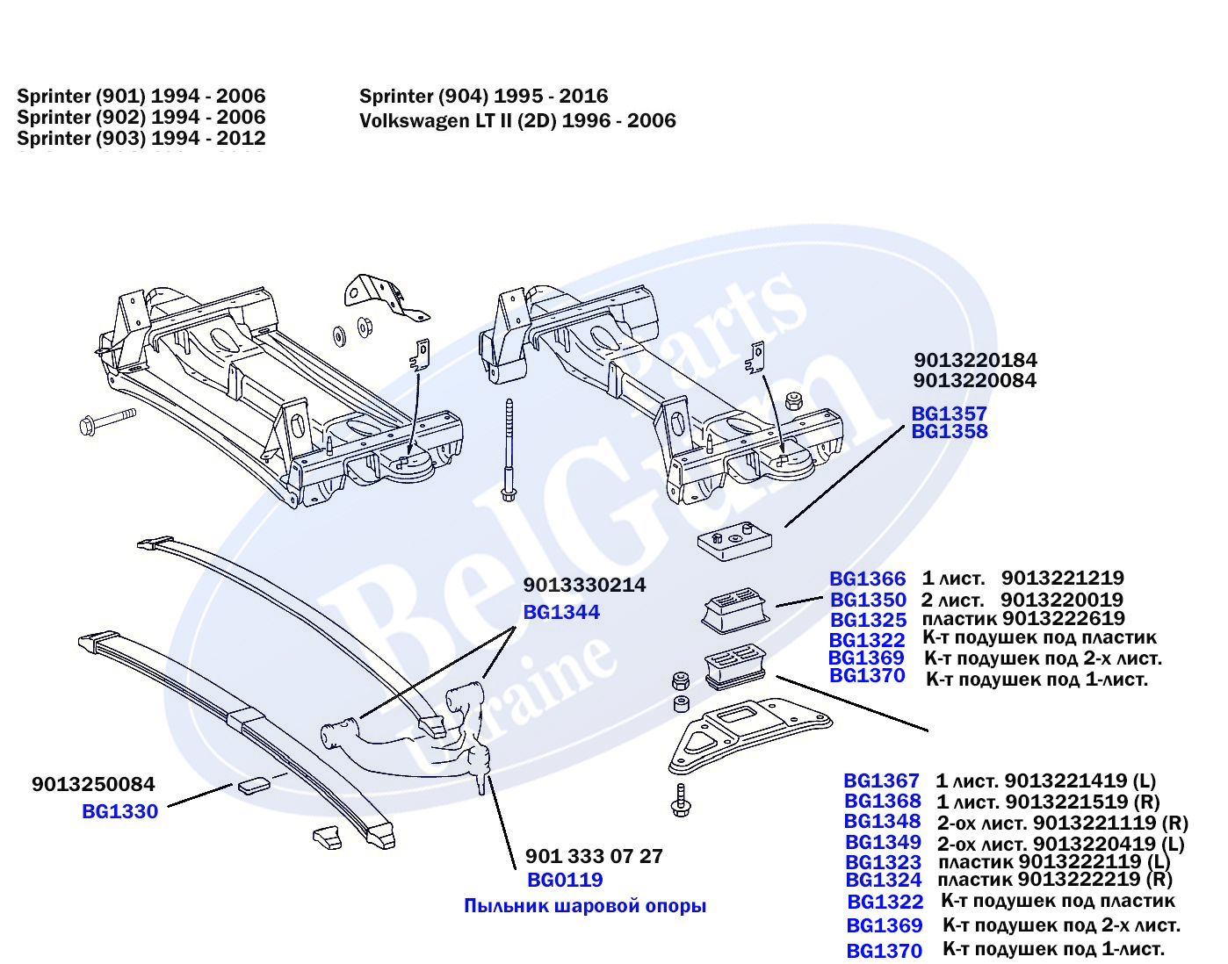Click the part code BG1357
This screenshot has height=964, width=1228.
click(x=949, y=413)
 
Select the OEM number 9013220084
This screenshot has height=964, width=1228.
click(x=974, y=380)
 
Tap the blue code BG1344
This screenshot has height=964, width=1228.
click(x=561, y=612)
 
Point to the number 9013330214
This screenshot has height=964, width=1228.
click(x=584, y=585)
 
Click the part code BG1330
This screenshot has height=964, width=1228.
click(x=119, y=811)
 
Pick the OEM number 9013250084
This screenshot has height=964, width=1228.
click(x=93, y=784)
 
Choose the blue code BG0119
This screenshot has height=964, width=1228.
click(x=565, y=880)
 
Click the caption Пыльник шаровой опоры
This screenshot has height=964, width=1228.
click(x=585, y=906)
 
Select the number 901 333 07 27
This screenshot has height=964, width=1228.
click(x=594, y=856)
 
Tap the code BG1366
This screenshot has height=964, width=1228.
click(x=867, y=579)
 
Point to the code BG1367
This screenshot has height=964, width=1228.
click(x=881, y=781)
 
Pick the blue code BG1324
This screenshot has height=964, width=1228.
click(x=884, y=880)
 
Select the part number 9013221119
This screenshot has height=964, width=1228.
click(x=1094, y=823)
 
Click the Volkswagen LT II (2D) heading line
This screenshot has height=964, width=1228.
click(x=517, y=120)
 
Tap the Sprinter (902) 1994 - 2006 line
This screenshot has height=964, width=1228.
click(x=141, y=117)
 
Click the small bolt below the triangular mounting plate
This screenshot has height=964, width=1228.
click(x=680, y=798)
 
